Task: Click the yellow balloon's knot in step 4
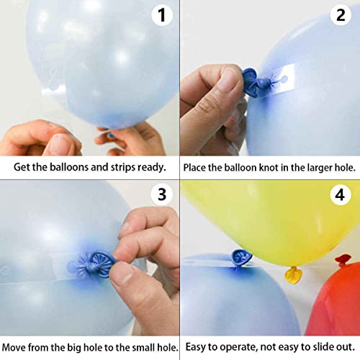coord(293,274)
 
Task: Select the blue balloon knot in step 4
coord(240,256)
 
